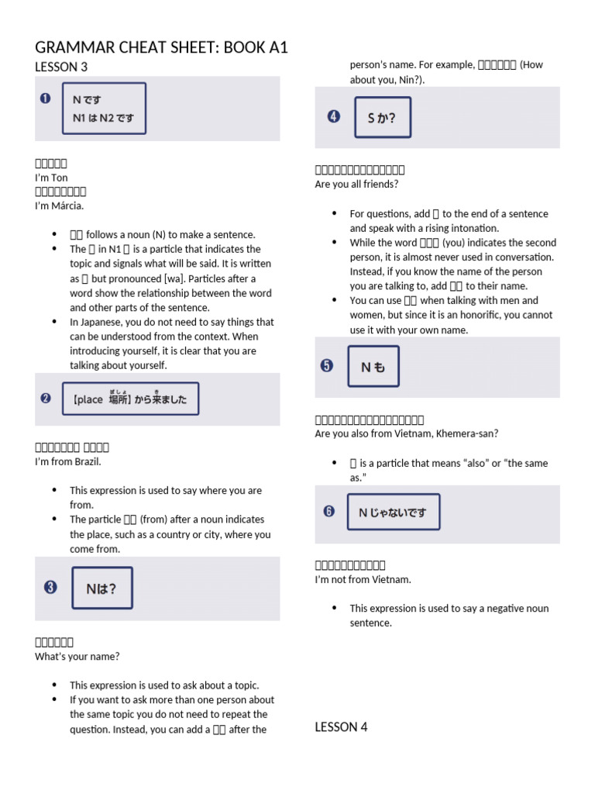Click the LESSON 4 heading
coord(341,727)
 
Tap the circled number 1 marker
coord(45,98)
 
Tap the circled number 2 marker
coord(45,399)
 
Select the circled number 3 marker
coord(51,588)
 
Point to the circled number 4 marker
coord(333,117)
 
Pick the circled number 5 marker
coord(327,366)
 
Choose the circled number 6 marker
coord(329,511)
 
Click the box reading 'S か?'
coord(383,118)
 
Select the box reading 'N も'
coord(373,367)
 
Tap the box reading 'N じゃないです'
coord(394,512)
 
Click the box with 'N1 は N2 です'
coord(104,109)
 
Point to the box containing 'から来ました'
coord(130,399)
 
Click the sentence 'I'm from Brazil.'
coord(68,461)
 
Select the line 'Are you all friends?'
coord(356,185)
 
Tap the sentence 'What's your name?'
coord(77,656)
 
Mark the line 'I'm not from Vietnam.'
coord(363,579)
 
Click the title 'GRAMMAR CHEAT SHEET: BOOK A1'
coord(161,47)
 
